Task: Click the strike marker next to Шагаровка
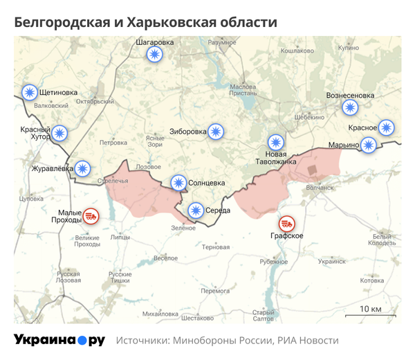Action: [x=154, y=56]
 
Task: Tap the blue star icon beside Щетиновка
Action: [x=29, y=92]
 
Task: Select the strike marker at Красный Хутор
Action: [x=60, y=133]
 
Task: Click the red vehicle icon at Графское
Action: [x=286, y=224]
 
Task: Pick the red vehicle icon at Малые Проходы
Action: [x=91, y=217]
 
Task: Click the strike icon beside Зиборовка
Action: [x=216, y=131]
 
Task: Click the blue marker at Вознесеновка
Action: [x=351, y=107]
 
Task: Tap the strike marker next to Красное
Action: [x=386, y=127]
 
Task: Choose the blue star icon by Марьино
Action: [x=369, y=145]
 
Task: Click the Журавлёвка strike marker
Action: [x=83, y=168]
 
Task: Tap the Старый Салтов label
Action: [x=264, y=315]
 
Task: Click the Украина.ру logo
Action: [x=59, y=341]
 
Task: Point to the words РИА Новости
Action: [x=308, y=341]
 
